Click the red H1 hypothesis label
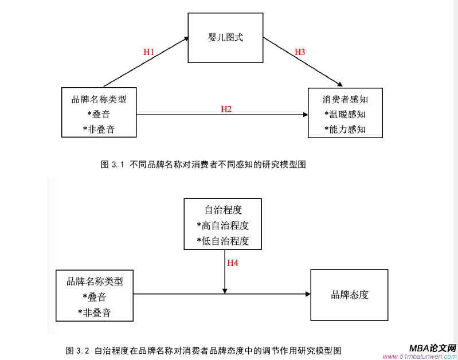(x=149, y=52)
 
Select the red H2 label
(x=226, y=109)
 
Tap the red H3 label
(x=300, y=52)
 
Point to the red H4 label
(x=233, y=263)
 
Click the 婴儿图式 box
(x=225, y=38)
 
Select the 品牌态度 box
(x=349, y=295)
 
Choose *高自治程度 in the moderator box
(x=222, y=225)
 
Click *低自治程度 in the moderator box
(x=222, y=241)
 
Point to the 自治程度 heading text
(x=222, y=210)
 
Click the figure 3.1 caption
(x=203, y=165)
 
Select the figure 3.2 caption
(x=203, y=350)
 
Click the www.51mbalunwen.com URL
(x=419, y=357)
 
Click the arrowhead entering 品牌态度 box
(x=308, y=294)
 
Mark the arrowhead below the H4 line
(x=225, y=291)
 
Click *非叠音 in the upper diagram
(x=99, y=130)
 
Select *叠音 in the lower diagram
(x=94, y=297)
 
